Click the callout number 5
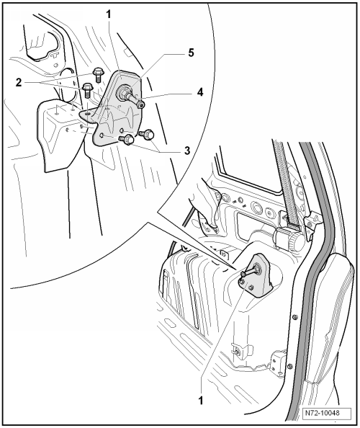click(x=191, y=53)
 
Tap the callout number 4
click(x=200, y=92)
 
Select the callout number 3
click(x=186, y=151)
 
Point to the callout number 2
click(x=19, y=82)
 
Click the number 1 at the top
click(x=109, y=14)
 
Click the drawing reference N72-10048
click(x=326, y=413)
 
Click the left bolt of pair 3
click(x=126, y=140)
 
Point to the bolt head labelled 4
click(x=140, y=104)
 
